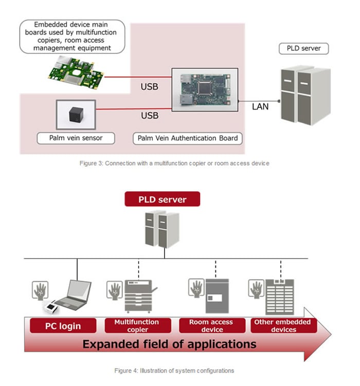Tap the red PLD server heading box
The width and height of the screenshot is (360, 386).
pos(162,199)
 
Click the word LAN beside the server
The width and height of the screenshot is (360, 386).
pos(260,107)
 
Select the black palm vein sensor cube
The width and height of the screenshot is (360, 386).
pos(76,116)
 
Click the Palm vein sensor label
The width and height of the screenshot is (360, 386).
pos(76,138)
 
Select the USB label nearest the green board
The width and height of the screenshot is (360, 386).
pos(149,86)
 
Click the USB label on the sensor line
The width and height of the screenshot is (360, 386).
pos(149,116)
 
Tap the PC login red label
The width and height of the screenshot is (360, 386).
pos(62,326)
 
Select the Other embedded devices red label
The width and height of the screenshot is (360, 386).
pos(283,326)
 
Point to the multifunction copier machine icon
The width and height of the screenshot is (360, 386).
pos(140,297)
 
